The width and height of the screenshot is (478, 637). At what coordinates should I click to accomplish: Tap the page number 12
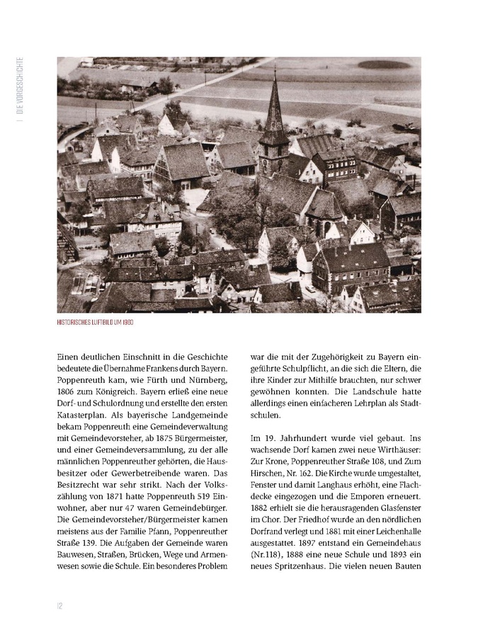point(60,605)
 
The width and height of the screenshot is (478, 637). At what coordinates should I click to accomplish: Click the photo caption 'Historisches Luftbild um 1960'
point(96,322)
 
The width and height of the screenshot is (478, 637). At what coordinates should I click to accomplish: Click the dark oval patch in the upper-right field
point(384,64)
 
